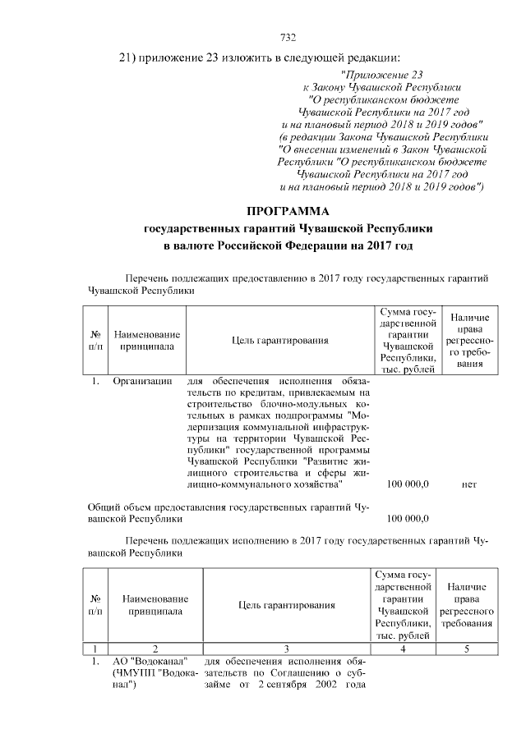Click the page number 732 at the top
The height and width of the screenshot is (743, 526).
[x=288, y=37]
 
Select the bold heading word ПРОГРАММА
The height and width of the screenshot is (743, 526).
[x=288, y=210]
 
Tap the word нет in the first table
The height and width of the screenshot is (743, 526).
[x=469, y=484]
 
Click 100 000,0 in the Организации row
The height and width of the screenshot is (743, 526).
[x=409, y=484]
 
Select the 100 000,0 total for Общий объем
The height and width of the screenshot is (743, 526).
[x=409, y=518]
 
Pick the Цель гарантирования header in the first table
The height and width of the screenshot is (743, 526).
[x=280, y=340]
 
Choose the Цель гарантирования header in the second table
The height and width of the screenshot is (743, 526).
[x=286, y=605]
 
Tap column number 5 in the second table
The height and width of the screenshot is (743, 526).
[x=467, y=649]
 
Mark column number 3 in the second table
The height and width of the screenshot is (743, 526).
[x=286, y=649]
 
